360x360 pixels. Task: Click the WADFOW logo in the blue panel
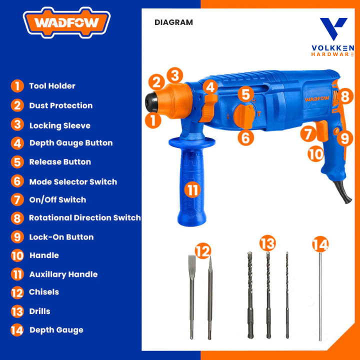coord(66,22)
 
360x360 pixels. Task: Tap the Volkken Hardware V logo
coord(333,28)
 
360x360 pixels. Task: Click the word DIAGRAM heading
coord(173,22)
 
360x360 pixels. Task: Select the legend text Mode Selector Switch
coord(73,182)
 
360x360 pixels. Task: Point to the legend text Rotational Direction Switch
coord(84,217)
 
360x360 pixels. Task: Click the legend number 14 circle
coord(17,330)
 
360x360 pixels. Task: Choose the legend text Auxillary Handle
coord(63,274)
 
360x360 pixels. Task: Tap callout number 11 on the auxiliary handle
coord(192,190)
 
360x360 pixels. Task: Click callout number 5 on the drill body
coord(245,94)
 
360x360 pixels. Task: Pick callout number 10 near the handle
coord(315,154)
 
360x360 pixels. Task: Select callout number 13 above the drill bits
coord(267,243)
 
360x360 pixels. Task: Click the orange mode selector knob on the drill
coord(244,116)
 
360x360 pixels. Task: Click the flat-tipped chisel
coord(192,296)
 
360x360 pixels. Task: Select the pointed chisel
coord(209,298)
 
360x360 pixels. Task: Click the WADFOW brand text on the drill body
coord(317,99)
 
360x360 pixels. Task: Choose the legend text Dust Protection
coord(61,105)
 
